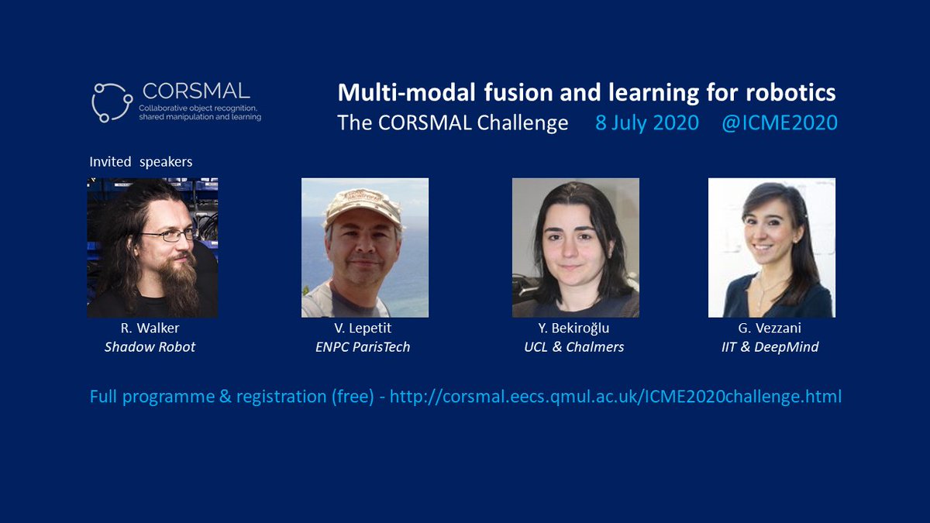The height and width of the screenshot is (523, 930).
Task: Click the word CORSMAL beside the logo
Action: pos(196,91)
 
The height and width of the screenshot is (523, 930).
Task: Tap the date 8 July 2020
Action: pos(647,123)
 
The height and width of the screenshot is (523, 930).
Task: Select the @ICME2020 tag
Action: pos(780,123)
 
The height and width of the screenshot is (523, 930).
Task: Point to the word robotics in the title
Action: pos(790,92)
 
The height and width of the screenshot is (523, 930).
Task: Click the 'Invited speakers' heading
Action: pos(141,161)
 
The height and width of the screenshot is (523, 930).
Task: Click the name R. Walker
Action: pos(150,328)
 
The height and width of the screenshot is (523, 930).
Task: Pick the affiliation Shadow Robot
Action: pos(150,346)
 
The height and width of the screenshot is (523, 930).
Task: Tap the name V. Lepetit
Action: pos(363,328)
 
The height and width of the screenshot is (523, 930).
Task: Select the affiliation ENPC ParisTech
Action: pos(363,346)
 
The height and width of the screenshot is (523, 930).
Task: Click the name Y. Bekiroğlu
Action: pos(573,328)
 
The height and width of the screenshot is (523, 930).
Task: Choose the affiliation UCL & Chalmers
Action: pos(573,346)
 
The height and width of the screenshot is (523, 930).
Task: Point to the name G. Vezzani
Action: pos(770,328)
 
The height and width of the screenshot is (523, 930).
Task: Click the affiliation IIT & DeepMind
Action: pos(770,346)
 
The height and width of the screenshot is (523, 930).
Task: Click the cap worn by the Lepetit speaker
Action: pos(363,207)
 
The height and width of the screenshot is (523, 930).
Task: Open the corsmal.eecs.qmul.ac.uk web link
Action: pos(615,397)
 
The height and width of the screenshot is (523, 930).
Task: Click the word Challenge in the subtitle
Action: pos(522,123)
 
